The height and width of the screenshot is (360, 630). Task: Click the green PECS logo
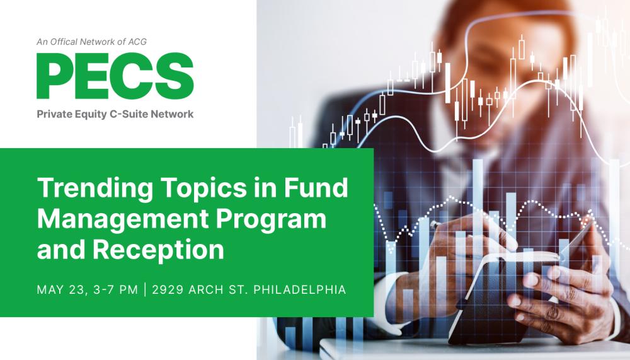coord(115,76)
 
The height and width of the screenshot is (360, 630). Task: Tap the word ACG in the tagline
coord(137,42)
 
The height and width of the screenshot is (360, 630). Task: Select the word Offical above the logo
coord(64,42)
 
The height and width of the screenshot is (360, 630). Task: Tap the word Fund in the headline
coord(316,187)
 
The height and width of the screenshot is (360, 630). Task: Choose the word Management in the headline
coord(123,219)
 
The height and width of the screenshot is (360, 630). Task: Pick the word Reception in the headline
coord(158,250)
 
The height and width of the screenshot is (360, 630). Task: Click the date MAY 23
coord(60,289)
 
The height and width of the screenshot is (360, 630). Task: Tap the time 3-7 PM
coord(115,289)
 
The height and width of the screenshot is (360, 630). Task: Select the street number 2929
coord(168,289)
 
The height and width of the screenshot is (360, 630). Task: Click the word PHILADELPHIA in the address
coord(300,289)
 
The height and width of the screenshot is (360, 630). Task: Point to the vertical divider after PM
coord(145,289)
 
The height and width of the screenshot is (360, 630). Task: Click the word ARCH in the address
coord(205,289)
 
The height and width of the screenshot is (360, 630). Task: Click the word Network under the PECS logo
coord(172,114)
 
